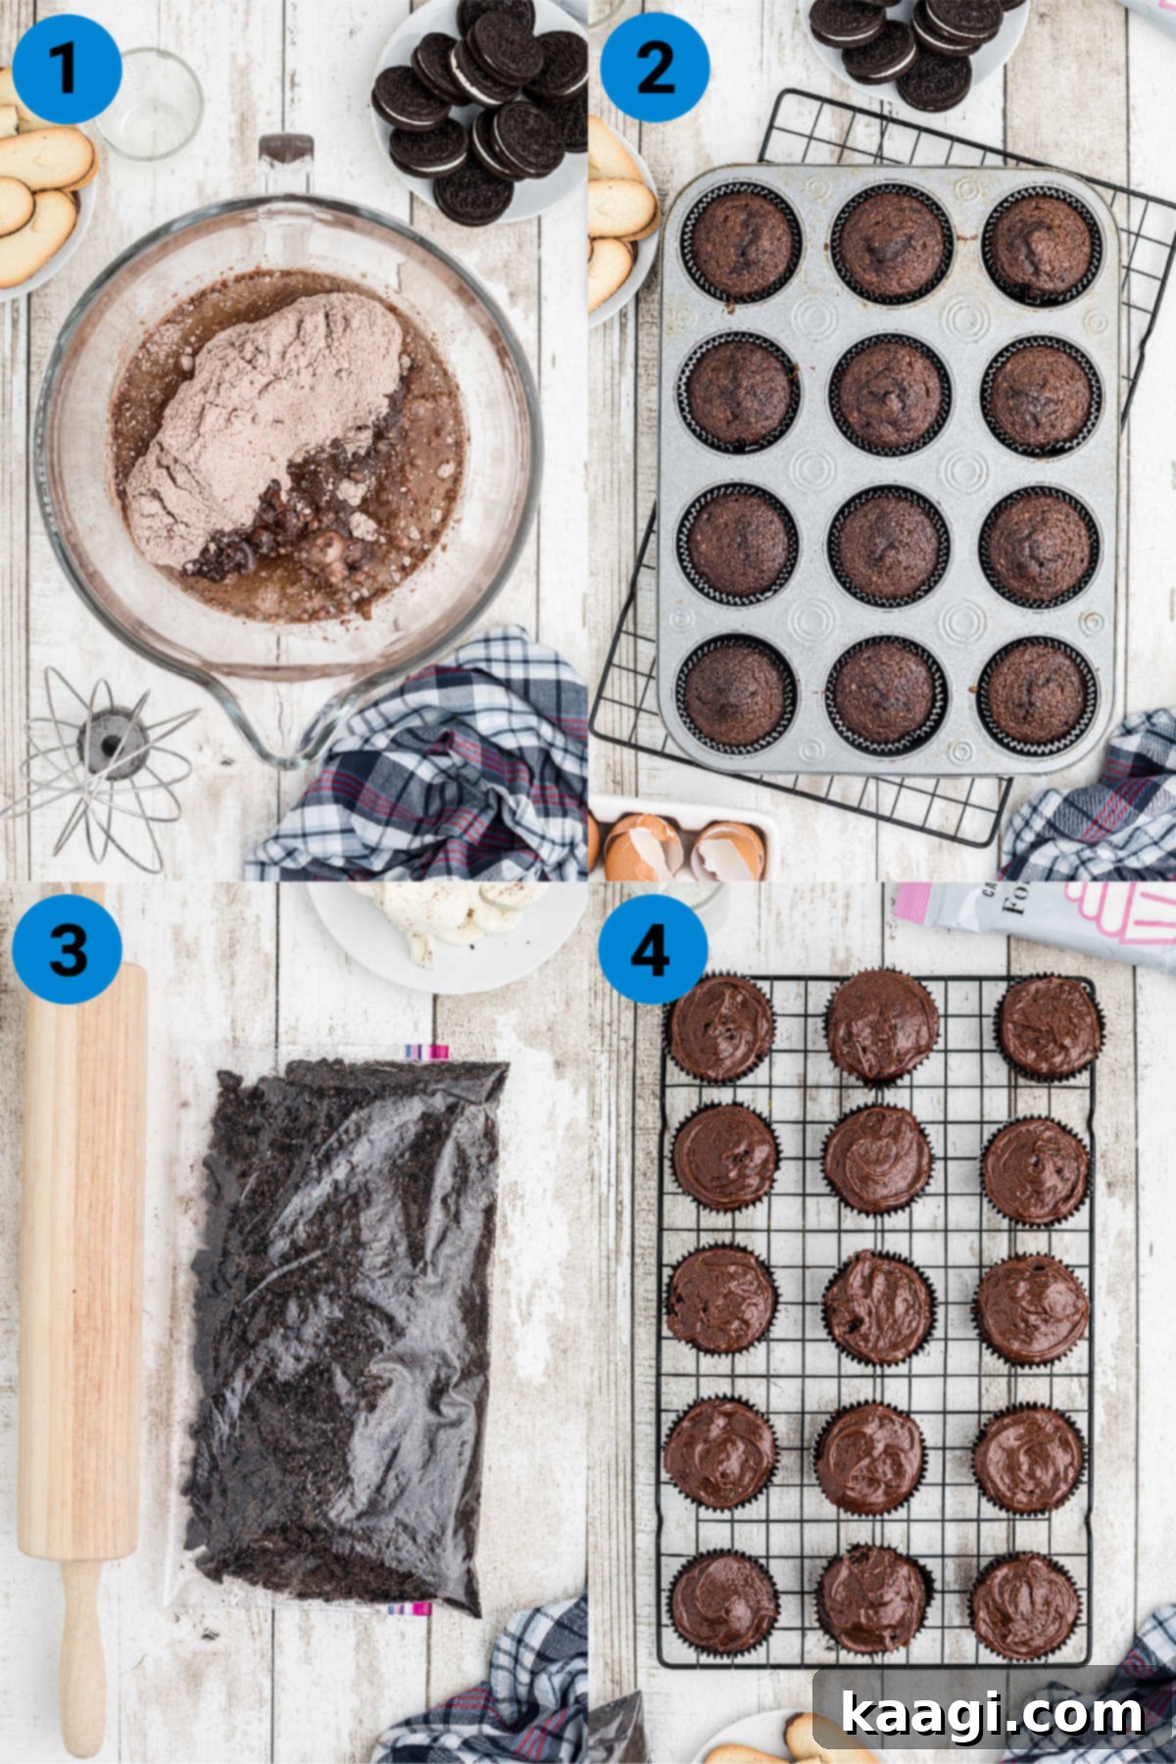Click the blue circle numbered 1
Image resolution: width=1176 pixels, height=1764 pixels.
pyautogui.click(x=67, y=69)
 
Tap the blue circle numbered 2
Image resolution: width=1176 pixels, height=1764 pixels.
pyautogui.click(x=654, y=69)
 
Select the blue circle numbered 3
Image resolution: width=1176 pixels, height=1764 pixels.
pyautogui.click(x=67, y=949)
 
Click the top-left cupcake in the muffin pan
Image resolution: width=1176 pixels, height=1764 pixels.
pyautogui.click(x=739, y=241)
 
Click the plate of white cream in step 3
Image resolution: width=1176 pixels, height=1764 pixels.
pyautogui.click(x=446, y=926)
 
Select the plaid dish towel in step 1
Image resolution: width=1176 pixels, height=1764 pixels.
pyautogui.click(x=441, y=774)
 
